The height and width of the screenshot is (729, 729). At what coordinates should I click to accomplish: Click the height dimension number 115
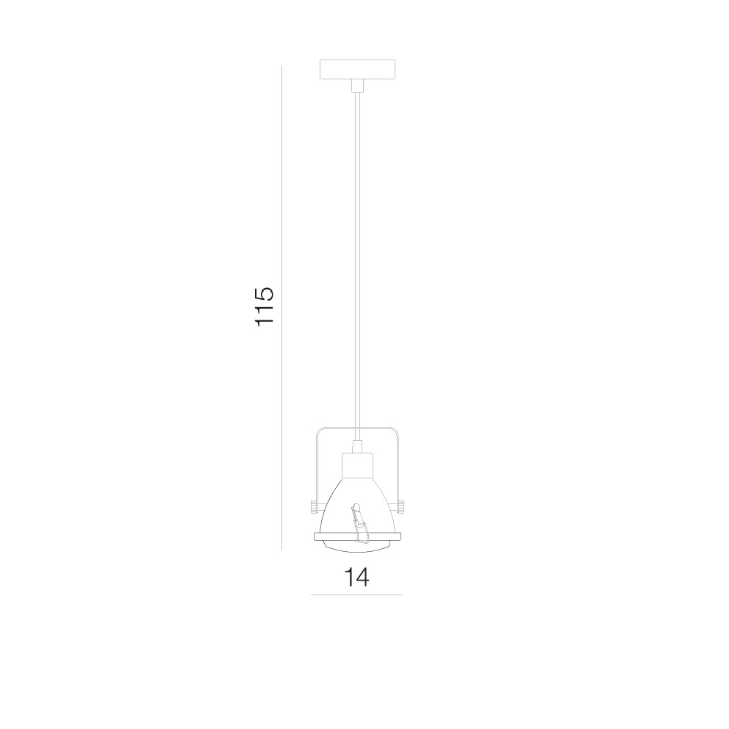[265, 306]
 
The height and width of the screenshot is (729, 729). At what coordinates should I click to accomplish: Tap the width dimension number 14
[356, 577]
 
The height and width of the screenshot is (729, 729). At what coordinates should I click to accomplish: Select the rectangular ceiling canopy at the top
[358, 69]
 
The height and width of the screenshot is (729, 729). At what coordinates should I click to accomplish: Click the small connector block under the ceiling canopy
[358, 85]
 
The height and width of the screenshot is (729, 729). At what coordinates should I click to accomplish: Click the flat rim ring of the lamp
[357, 537]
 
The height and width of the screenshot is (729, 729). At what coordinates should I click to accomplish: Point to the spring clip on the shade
[359, 523]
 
